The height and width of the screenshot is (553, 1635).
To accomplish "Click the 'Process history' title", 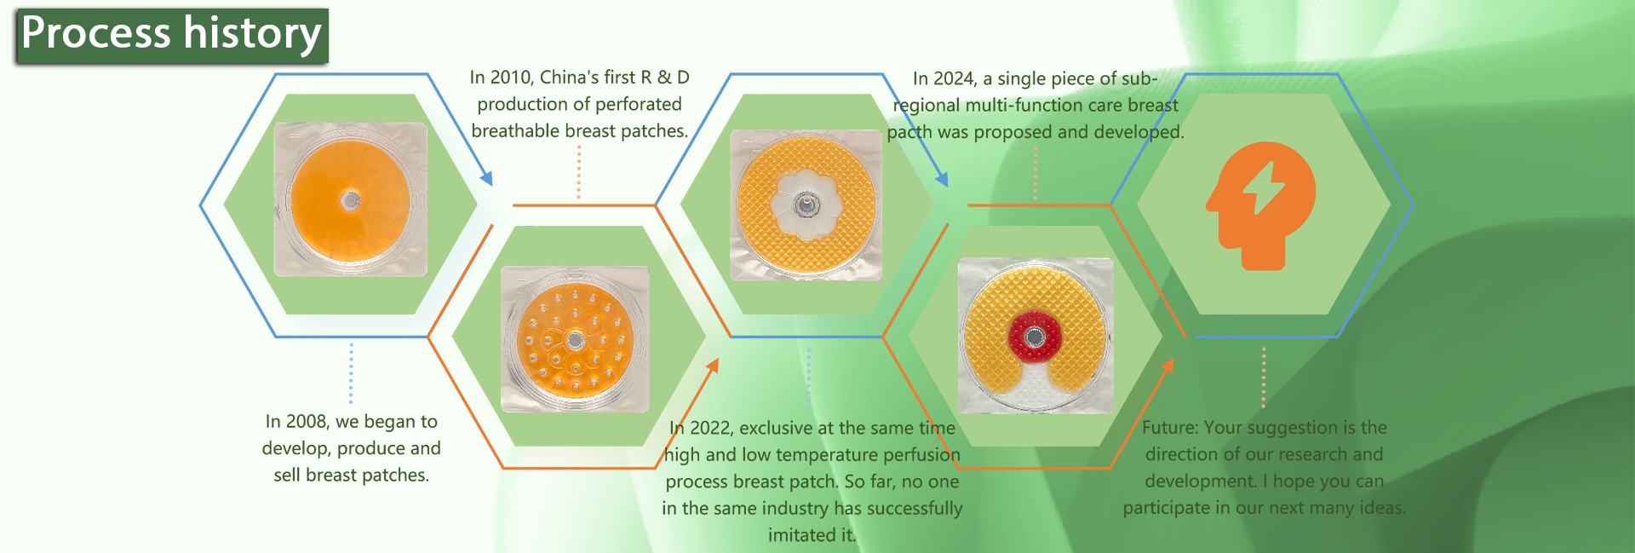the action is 171,35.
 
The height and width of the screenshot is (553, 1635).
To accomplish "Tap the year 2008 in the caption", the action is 307,422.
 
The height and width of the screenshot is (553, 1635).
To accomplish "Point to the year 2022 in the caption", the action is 711,429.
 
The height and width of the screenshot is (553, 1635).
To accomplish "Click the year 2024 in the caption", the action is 954,79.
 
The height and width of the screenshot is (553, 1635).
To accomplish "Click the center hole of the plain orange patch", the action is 350,201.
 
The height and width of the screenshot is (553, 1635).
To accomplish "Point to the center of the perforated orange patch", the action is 576,341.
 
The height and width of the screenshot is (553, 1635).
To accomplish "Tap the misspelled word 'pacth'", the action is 909,133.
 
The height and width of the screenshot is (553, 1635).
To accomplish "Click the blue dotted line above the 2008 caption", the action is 351,374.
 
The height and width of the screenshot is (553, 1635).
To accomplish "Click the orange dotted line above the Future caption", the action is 1264,377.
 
